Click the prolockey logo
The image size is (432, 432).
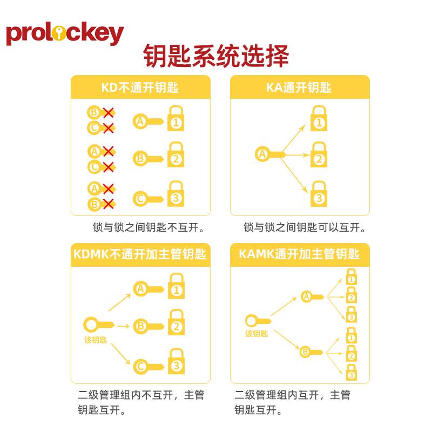[x=65, y=33]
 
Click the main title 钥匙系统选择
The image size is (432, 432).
[x=216, y=56]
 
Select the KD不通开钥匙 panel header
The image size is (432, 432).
[x=140, y=87]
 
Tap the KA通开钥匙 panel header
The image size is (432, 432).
[x=299, y=87]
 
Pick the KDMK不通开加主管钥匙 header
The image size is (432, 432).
[x=140, y=254]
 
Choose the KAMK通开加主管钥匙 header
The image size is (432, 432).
[x=299, y=254]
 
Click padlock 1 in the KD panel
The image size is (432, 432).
[x=175, y=118]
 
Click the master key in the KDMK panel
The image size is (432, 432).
[x=97, y=325]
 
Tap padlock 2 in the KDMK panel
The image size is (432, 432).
[x=175, y=322]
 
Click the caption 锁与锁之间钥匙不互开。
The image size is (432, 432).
[x=148, y=227]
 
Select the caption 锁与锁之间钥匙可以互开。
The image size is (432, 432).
[x=305, y=227]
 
